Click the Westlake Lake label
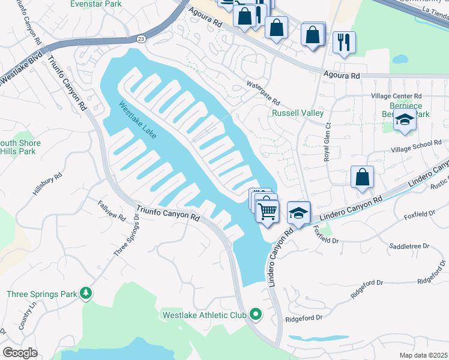(x=137, y=120)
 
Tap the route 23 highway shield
(x=139, y=38)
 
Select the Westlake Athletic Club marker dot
(x=256, y=314)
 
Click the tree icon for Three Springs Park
(x=87, y=292)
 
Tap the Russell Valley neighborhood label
(x=298, y=113)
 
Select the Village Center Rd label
(x=397, y=96)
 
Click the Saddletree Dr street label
(x=409, y=246)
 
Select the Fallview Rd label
(x=112, y=210)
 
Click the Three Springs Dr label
(x=127, y=239)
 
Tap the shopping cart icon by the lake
(x=267, y=210)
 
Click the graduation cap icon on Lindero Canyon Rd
(x=298, y=212)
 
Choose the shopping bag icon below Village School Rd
(x=363, y=177)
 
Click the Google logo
(x=19, y=353)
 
